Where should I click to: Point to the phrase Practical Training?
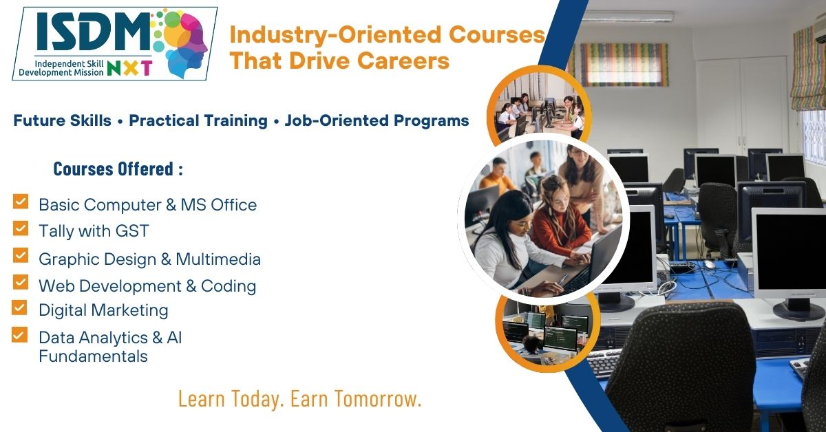click(x=198, y=121)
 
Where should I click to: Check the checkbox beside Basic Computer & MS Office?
click(x=21, y=202)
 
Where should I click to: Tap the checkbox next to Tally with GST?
click(x=21, y=228)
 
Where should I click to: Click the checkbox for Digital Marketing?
click(x=21, y=307)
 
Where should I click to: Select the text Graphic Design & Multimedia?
click(x=149, y=259)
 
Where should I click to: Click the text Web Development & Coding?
click(x=147, y=285)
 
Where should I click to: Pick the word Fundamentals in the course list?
click(x=93, y=356)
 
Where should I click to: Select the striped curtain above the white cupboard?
click(x=623, y=64)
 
